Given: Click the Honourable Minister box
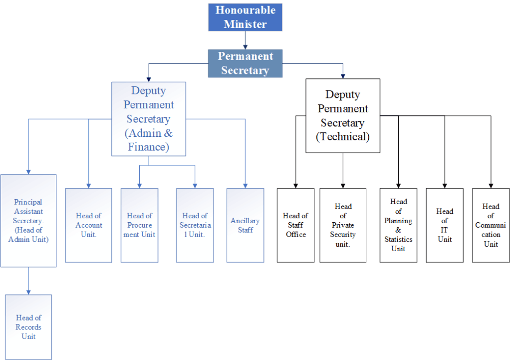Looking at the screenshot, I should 245,17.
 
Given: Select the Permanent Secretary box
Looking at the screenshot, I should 245,63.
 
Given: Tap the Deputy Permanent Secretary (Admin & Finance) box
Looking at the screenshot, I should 149,119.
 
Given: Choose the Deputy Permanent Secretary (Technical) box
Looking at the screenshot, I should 343,115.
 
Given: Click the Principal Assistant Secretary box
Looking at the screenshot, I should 28,220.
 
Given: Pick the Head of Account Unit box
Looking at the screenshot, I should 88,225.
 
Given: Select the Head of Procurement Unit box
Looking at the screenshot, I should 139,225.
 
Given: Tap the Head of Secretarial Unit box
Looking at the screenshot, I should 195,225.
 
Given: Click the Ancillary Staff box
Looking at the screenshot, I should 245,225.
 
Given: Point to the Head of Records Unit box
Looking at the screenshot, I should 28,327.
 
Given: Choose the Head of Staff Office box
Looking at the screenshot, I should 296,225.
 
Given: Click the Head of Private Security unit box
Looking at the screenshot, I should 343,225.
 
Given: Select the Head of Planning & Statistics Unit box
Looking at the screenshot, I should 398,225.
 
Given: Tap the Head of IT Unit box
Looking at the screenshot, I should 445,225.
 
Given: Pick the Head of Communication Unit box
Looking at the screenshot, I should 491,225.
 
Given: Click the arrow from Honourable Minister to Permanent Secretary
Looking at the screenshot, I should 245,40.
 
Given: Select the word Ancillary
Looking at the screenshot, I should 245,221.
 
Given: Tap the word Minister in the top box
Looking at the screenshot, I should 245,24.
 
